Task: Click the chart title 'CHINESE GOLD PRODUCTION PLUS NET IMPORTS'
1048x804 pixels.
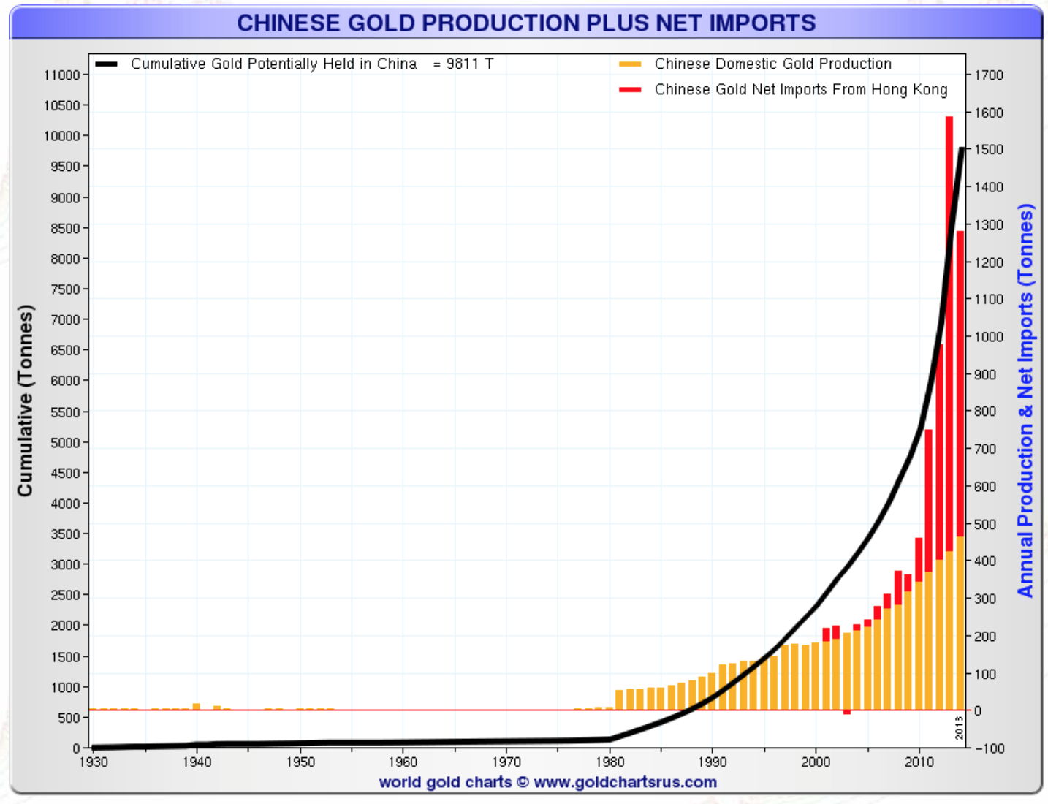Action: click(x=526, y=23)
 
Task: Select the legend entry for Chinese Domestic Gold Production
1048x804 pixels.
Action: click(x=772, y=64)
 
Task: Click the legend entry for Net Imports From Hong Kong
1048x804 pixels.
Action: click(x=800, y=89)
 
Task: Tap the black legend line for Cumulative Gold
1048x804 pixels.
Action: click(x=106, y=64)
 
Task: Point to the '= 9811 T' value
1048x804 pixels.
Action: click(x=463, y=64)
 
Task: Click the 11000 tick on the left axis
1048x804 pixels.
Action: click(x=61, y=75)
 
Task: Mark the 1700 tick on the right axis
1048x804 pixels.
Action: click(x=989, y=75)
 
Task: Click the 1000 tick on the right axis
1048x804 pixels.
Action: click(x=989, y=336)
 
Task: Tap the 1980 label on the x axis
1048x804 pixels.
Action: click(x=610, y=762)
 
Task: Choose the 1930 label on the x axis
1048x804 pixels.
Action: click(x=93, y=762)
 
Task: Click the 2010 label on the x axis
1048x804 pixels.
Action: click(x=919, y=762)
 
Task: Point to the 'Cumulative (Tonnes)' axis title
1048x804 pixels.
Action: click(x=26, y=401)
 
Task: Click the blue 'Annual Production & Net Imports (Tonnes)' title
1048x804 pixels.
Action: click(x=1025, y=401)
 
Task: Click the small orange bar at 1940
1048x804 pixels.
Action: click(x=196, y=706)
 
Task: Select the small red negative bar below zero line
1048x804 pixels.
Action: click(x=846, y=712)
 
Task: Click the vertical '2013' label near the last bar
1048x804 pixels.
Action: click(x=959, y=728)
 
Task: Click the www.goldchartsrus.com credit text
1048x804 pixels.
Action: click(x=625, y=782)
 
